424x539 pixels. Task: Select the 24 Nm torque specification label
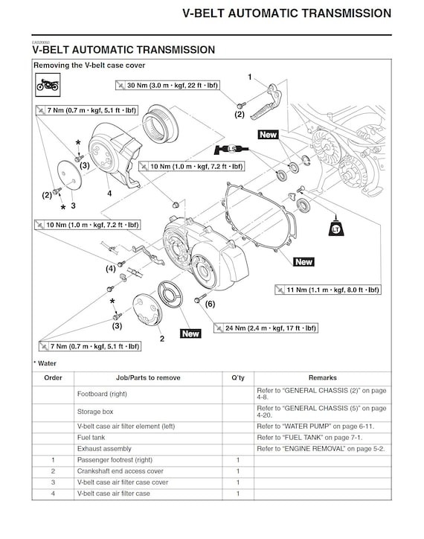click(265, 328)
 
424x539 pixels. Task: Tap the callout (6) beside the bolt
click(210, 304)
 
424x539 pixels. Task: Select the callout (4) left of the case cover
click(110, 267)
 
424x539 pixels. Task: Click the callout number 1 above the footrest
click(250, 76)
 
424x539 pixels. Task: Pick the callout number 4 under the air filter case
click(109, 193)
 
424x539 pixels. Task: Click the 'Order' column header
click(53, 378)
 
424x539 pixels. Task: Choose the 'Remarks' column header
click(322, 378)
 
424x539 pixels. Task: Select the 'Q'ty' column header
click(238, 378)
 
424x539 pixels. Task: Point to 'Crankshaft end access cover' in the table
click(120, 471)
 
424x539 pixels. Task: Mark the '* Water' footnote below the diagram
click(45, 363)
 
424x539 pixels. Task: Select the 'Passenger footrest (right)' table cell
click(116, 460)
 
